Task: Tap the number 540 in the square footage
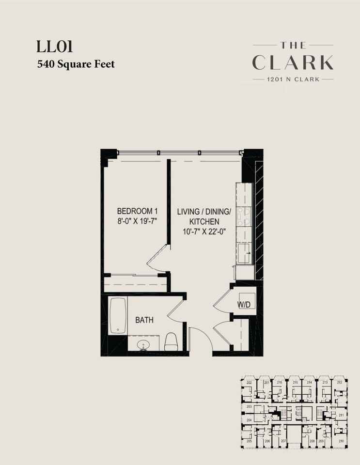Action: pyautogui.click(x=46, y=64)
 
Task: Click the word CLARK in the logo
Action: pyautogui.click(x=293, y=62)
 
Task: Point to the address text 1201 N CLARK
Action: pyautogui.click(x=293, y=79)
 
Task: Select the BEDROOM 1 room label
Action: pyautogui.click(x=138, y=211)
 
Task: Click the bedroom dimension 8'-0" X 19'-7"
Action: pyautogui.click(x=138, y=221)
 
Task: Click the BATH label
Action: pyautogui.click(x=144, y=320)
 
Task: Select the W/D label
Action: pyautogui.click(x=244, y=305)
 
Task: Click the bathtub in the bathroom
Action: pyautogui.click(x=118, y=316)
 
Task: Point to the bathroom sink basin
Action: pyautogui.click(x=143, y=345)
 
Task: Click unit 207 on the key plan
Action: pyautogui.click(x=283, y=441)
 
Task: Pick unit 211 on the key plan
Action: pyautogui.click(x=341, y=416)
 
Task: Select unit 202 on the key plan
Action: pyautogui.click(x=249, y=383)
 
